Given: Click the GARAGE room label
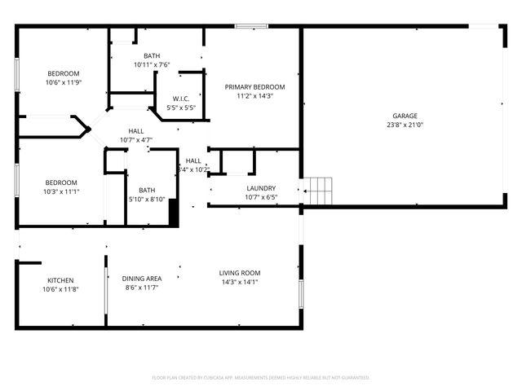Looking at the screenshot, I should pyautogui.click(x=405, y=116).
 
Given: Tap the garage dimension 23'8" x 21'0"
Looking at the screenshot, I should pyautogui.click(x=405, y=125).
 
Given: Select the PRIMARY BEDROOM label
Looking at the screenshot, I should pyautogui.click(x=255, y=87).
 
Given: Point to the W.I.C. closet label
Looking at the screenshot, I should pyautogui.click(x=181, y=99).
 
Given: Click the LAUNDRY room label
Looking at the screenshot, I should pyautogui.click(x=261, y=188).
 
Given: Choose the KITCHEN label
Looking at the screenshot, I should pyautogui.click(x=60, y=280).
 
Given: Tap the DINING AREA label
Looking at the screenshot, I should pyautogui.click(x=142, y=279).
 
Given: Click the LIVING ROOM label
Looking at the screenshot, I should pyautogui.click(x=240, y=273).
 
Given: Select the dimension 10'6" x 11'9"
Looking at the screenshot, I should pyautogui.click(x=63, y=82).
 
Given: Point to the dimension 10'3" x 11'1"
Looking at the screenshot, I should pyautogui.click(x=61, y=191).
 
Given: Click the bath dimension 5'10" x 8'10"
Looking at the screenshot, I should pyautogui.click(x=147, y=199).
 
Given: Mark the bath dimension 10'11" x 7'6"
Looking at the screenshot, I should pyautogui.click(x=152, y=64).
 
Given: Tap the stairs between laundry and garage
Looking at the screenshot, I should pyautogui.click(x=319, y=191).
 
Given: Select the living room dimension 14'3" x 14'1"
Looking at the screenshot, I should pyautogui.click(x=240, y=282).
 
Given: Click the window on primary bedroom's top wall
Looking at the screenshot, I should pyautogui.click(x=251, y=27).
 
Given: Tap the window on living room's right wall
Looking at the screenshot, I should pyautogui.click(x=300, y=292).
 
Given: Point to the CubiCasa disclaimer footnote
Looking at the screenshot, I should pyautogui.click(x=261, y=377).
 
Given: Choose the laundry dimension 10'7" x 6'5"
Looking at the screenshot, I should pyautogui.click(x=261, y=197).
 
